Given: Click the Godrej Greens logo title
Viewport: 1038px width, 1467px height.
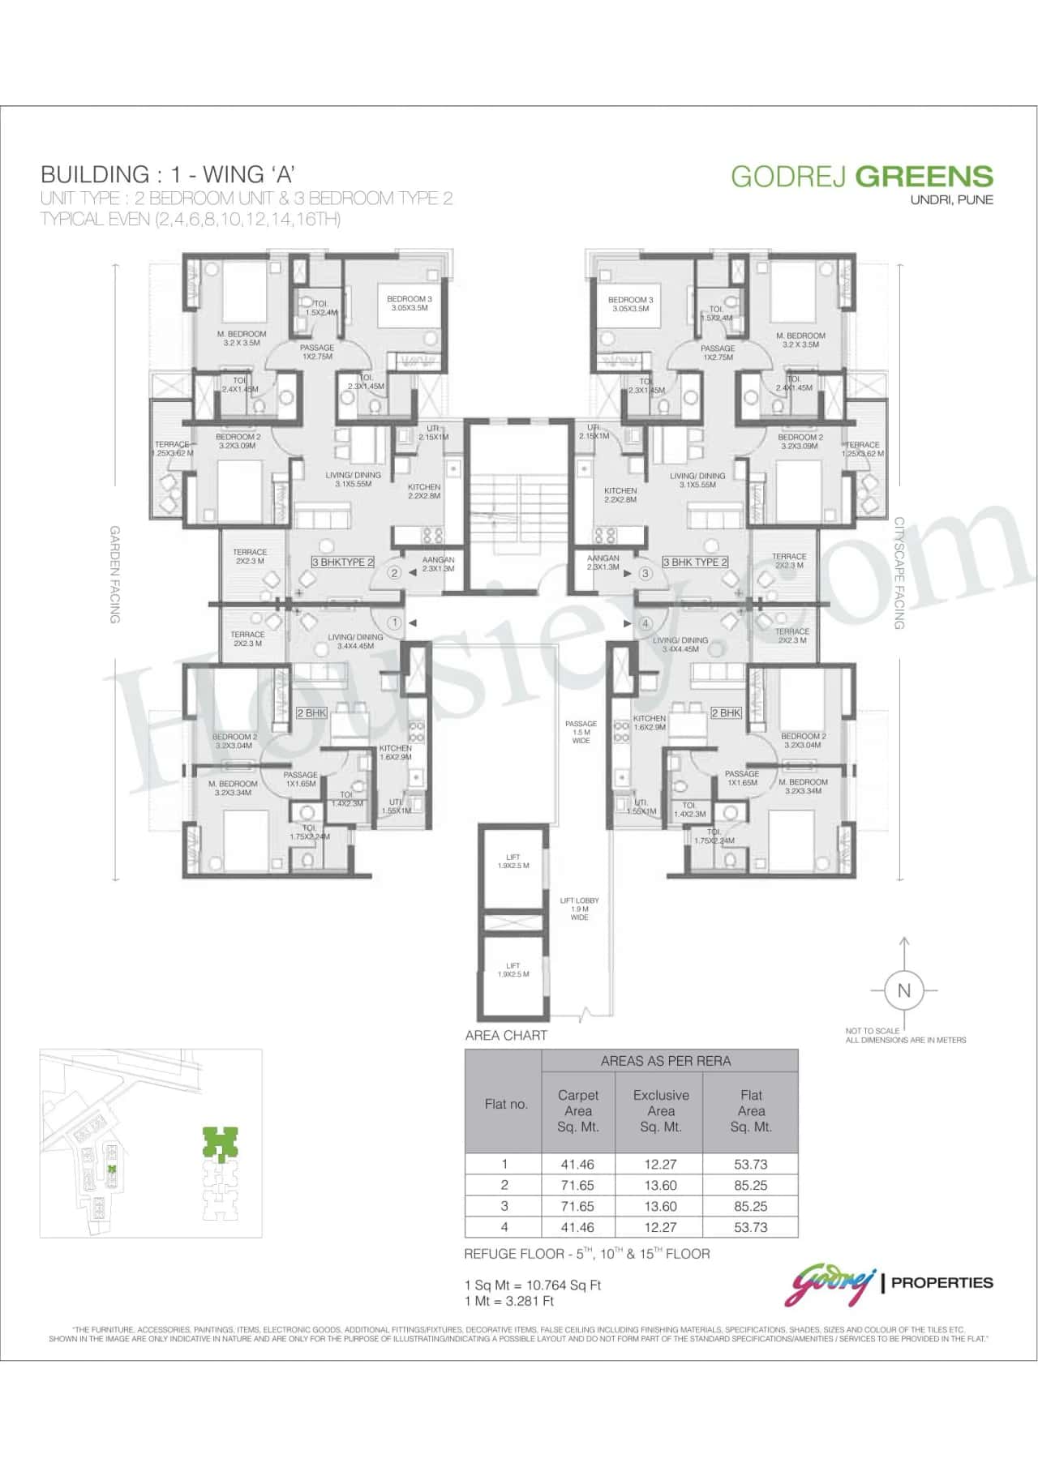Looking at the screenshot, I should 862,177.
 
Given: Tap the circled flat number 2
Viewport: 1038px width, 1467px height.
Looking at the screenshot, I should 394,573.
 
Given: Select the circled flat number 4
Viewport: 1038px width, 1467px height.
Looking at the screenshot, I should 646,623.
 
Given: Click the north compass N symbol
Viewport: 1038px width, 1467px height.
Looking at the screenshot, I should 904,990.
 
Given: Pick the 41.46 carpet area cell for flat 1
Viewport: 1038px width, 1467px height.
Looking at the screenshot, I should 577,1164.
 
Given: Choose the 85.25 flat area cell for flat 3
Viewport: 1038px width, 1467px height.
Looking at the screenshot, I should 751,1206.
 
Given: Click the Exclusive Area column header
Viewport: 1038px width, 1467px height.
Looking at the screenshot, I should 661,1110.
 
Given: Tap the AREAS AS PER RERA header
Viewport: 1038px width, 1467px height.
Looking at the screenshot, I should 666,1060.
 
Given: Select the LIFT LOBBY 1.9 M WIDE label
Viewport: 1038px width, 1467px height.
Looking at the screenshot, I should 579,909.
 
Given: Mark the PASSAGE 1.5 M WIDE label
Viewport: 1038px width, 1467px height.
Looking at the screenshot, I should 581,732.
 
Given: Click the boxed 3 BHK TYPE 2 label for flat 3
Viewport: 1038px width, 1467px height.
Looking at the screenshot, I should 695,562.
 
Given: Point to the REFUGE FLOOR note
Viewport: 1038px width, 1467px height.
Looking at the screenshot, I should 586,1254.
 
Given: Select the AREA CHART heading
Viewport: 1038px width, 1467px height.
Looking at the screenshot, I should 506,1035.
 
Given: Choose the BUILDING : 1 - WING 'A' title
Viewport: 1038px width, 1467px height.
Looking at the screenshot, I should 166,173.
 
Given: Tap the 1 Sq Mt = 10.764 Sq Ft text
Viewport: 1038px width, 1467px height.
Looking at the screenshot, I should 532,1285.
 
